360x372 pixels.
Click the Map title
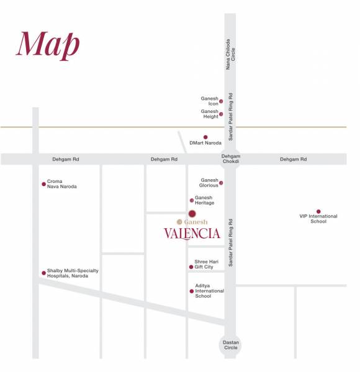pos(48,45)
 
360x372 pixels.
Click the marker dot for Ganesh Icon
pos(221,101)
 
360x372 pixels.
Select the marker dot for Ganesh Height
pos(221,114)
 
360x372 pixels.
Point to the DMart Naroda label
pos(205,143)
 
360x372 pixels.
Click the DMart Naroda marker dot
pos(205,137)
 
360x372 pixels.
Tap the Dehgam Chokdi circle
pos(230,159)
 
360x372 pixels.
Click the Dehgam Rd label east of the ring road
pos(293,159)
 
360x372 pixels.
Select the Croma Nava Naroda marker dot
pos(43,184)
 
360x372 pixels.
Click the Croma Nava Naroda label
pos(62,184)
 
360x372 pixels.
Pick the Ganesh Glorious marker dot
pos(221,183)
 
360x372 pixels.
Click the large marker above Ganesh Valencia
pos(192,214)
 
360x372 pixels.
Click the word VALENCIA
pos(192,234)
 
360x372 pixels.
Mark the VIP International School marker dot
pos(318,211)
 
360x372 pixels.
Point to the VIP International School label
pos(318,219)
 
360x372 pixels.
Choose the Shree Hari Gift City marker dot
pos(191,267)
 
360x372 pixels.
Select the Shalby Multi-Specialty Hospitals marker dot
pos(43,273)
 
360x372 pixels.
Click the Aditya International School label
pos(209,291)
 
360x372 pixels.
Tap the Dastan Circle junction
pos(230,345)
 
